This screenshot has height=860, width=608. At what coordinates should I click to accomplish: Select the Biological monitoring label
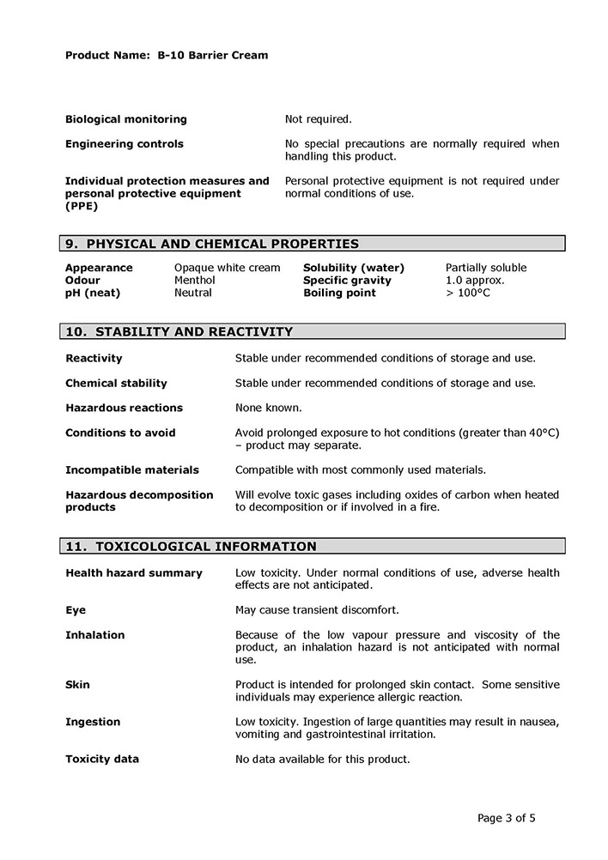coord(125,119)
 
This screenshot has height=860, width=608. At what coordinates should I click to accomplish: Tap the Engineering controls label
coord(124,144)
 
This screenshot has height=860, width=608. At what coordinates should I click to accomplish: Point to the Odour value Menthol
coord(194,281)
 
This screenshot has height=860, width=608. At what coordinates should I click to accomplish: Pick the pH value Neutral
coord(193,293)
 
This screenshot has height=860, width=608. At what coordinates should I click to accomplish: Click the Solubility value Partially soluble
coord(486,268)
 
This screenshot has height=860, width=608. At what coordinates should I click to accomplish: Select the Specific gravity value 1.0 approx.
coord(475,281)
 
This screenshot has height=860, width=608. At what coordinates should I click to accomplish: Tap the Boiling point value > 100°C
coord(468,293)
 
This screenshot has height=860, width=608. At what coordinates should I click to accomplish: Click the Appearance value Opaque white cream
coord(227,268)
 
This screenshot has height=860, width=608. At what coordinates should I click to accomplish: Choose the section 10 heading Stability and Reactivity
coord(179,332)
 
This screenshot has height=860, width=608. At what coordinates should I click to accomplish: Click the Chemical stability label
coord(116,383)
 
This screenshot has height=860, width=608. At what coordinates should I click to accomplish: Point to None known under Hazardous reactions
coord(269,408)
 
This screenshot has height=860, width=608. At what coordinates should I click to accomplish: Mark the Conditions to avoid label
coord(120,433)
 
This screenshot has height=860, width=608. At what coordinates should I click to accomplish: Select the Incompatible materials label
coord(131,470)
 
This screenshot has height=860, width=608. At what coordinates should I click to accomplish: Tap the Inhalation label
coord(94,635)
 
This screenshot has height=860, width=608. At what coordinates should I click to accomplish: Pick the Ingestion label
coord(93,722)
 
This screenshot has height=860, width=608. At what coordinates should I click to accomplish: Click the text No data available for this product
coord(322,760)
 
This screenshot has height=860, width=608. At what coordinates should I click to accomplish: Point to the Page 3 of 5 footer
coord(506,818)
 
